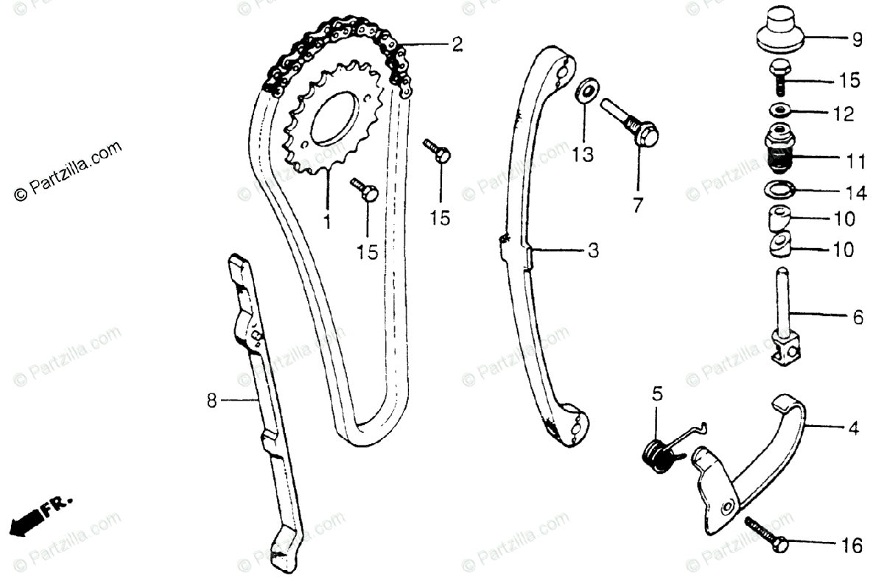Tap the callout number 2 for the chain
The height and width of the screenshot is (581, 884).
457,45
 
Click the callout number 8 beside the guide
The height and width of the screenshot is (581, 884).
212,401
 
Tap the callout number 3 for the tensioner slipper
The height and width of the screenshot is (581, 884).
593,251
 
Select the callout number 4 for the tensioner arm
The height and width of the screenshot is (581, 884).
853,426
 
